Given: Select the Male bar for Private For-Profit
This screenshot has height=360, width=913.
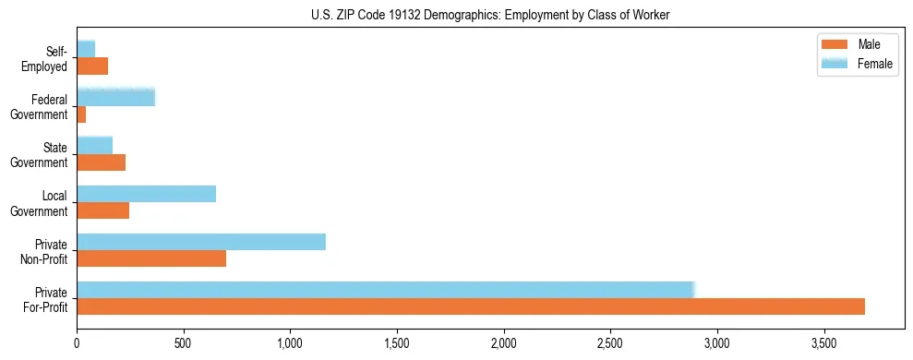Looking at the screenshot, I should click(471, 306).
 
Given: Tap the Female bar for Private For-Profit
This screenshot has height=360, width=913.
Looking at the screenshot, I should click(385, 290).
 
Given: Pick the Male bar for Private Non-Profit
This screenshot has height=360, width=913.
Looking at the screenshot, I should click(151, 258).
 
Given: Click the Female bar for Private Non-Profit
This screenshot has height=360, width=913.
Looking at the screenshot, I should click(201, 242).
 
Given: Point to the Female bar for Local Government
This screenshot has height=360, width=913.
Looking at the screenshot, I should click(146, 194).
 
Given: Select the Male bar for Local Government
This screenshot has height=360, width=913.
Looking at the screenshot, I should click(102, 210).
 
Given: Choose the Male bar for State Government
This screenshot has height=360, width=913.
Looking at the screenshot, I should click(101, 162).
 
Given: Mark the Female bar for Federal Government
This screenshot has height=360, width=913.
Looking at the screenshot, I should click(115, 97).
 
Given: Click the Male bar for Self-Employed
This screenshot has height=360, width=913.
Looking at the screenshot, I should click(92, 66).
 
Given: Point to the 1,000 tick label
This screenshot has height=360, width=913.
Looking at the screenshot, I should click(290, 342).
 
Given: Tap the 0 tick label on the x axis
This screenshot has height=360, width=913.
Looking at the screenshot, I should click(77, 342).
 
